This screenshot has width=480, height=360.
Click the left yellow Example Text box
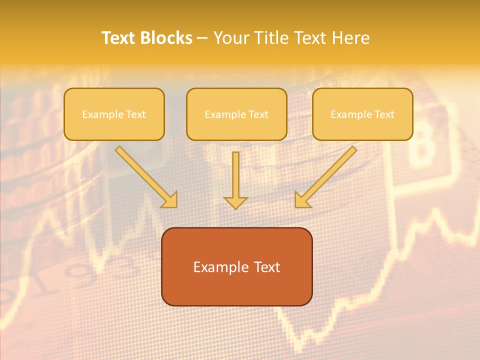point(114,114)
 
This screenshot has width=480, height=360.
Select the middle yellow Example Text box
point(236,114)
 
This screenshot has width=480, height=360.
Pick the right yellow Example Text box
point(362,114)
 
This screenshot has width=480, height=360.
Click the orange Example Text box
point(236,266)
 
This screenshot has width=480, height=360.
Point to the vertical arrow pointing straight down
point(235,180)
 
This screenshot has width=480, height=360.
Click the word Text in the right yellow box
point(384,114)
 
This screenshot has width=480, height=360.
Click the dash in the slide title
point(202,38)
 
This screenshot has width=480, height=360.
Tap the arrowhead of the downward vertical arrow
point(235,202)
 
